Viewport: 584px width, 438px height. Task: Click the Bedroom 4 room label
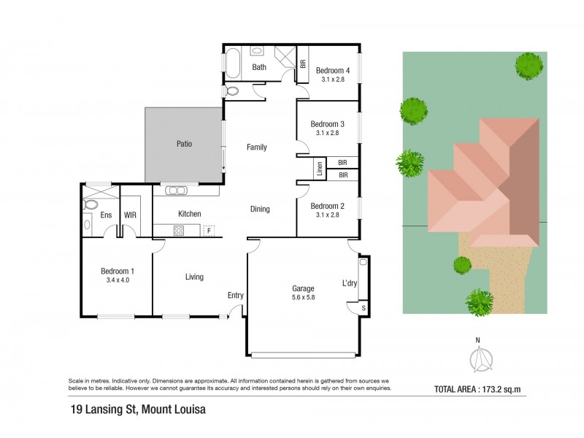pyautogui.click(x=333, y=70)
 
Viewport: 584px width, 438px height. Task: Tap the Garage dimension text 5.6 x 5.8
pyautogui.click(x=303, y=297)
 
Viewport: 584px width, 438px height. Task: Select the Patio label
pyautogui.click(x=185, y=144)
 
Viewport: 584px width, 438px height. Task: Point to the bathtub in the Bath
pyautogui.click(x=232, y=63)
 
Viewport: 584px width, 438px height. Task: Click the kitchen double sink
pyautogui.click(x=176, y=191)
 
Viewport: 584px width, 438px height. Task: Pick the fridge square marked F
pyautogui.click(x=209, y=231)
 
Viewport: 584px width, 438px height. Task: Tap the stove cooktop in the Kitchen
pyautogui.click(x=179, y=231)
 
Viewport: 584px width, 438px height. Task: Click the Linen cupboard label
pyautogui.click(x=320, y=169)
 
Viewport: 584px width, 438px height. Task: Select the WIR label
pyautogui.click(x=130, y=215)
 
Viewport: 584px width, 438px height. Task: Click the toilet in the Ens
pyautogui.click(x=90, y=204)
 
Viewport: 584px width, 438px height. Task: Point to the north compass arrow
pyautogui.click(x=480, y=360)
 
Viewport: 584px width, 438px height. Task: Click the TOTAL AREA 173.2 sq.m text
pyautogui.click(x=477, y=390)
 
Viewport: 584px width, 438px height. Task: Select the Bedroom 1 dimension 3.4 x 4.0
pyautogui.click(x=118, y=280)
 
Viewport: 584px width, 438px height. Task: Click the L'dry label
pyautogui.click(x=350, y=283)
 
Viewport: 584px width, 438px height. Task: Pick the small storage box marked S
pyautogui.click(x=364, y=308)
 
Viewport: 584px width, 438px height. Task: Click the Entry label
pyautogui.click(x=235, y=296)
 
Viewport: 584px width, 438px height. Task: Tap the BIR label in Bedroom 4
pyautogui.click(x=303, y=64)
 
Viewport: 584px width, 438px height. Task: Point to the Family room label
pyautogui.click(x=257, y=147)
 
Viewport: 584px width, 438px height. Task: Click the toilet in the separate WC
pyautogui.click(x=232, y=91)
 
